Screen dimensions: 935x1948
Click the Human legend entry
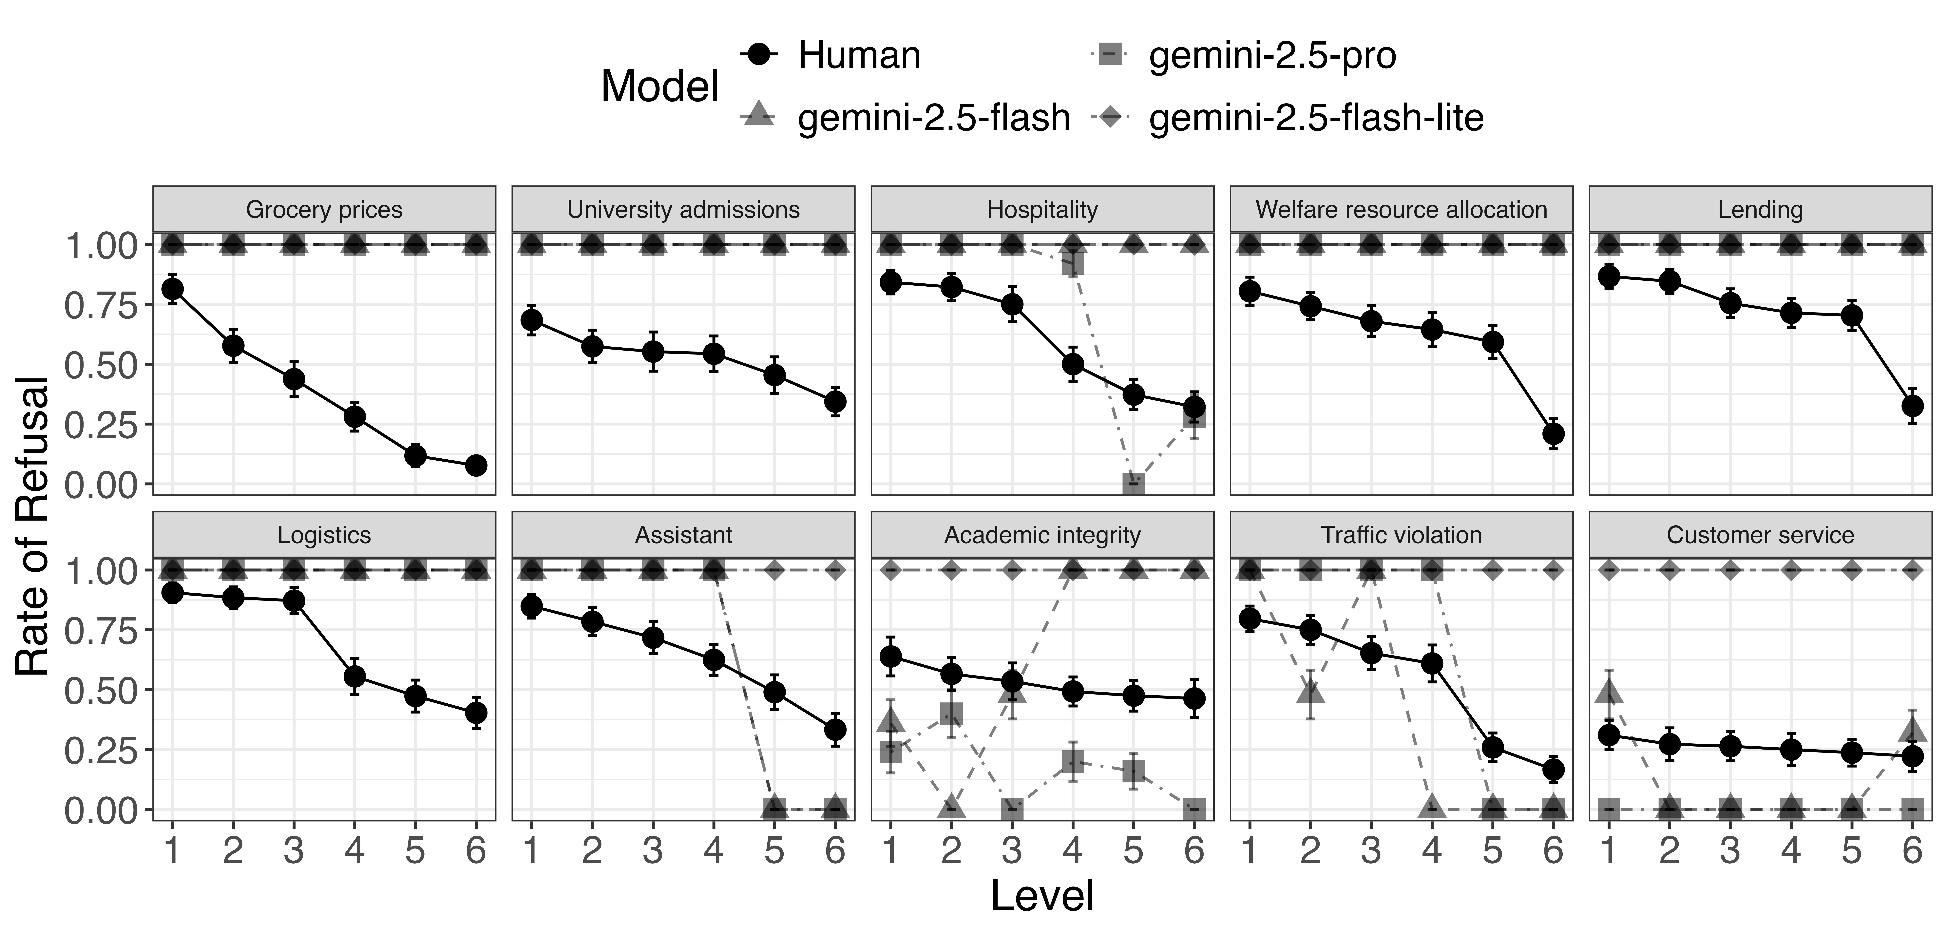[858, 55]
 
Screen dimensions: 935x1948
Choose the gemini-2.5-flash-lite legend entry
[1316, 117]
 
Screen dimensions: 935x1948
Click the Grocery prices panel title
[324, 210]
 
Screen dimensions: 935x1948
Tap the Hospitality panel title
[1042, 210]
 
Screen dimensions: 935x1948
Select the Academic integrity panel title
[1042, 535]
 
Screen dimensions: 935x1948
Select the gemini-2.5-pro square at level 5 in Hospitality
[1133, 484]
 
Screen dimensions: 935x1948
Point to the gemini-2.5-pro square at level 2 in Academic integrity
[951, 713]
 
